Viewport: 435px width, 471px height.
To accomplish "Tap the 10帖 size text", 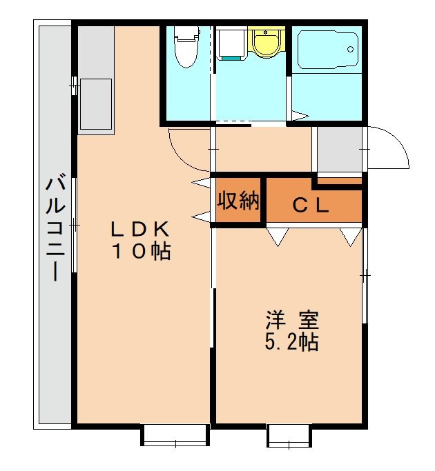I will click(142, 252).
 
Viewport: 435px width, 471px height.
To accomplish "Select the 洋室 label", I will click(292, 321).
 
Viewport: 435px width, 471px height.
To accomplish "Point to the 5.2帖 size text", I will click(292, 341).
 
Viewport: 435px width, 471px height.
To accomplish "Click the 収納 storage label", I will click(238, 201).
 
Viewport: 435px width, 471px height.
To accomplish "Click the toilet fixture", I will click(184, 47).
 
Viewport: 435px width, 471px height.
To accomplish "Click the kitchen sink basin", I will click(95, 103).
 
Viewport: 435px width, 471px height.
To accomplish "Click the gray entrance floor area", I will click(338, 149).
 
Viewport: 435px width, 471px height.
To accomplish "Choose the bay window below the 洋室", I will click(289, 436).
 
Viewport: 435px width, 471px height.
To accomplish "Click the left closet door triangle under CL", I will click(277, 237).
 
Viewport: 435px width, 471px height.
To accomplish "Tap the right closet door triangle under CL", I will click(350, 237).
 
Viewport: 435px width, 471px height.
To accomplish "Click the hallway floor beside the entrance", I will click(262, 149).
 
